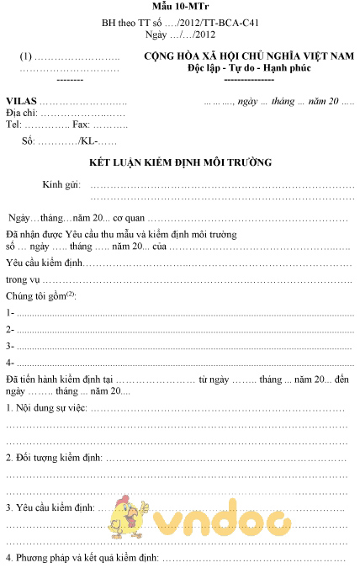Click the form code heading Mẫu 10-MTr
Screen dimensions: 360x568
pos(178,8)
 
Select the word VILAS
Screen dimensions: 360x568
pos(23,101)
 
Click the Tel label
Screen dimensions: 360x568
pos(13,124)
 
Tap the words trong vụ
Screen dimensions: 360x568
pos(24,279)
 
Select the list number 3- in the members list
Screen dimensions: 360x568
pos(10,346)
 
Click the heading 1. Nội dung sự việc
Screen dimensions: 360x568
pos(46,408)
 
